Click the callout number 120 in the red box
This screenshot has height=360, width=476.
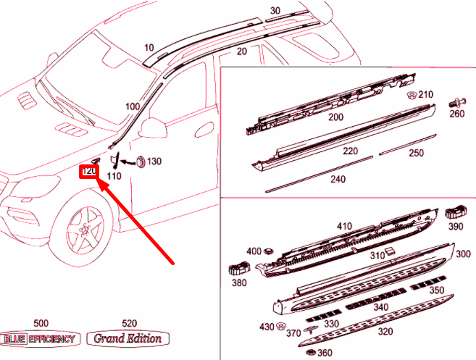[x=89, y=172]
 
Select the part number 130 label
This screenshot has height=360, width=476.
[x=154, y=162]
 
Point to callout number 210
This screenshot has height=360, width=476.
[x=425, y=95]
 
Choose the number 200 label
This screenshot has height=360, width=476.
[x=335, y=117]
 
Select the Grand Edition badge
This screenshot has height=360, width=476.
[x=128, y=338]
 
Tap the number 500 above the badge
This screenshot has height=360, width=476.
[x=41, y=323]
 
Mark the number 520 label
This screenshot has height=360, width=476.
[x=129, y=323]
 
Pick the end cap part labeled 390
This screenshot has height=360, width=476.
[x=455, y=212]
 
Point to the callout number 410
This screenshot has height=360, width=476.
[x=343, y=226]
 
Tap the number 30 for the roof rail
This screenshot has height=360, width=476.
[x=275, y=11]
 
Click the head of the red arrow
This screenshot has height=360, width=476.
[x=100, y=184]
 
